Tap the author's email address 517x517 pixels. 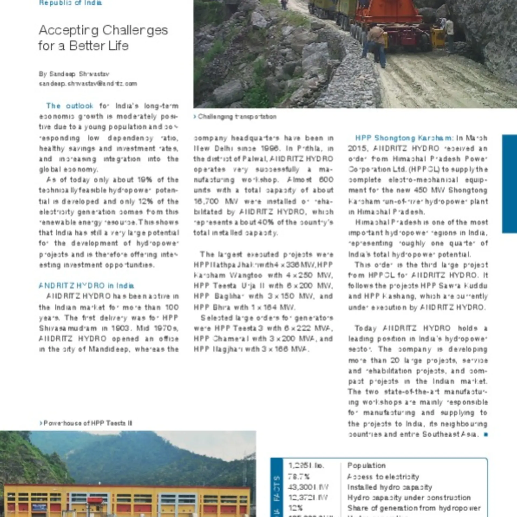[88, 83]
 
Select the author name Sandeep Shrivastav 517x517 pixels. [79, 74]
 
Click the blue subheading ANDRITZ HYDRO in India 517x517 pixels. [86, 285]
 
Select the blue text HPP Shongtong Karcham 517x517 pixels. [403, 138]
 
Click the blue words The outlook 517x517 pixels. [69, 106]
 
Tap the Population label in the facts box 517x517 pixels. [366, 466]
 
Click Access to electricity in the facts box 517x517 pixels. [383, 477]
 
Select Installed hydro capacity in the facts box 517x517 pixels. [390, 487]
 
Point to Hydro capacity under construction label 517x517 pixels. [409, 498]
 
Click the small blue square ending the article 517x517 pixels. [486, 434]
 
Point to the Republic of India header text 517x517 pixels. [71, 3]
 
